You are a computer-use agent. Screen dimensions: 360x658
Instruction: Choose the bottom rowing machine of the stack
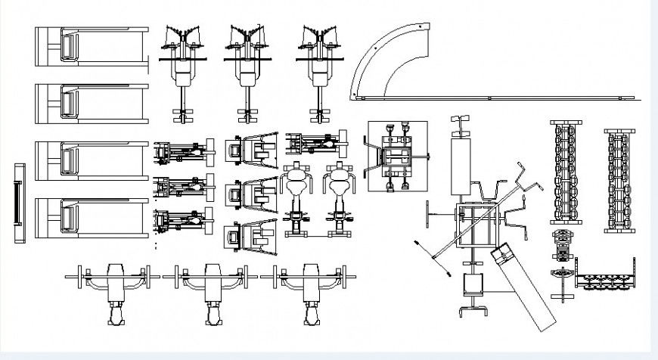[182, 220]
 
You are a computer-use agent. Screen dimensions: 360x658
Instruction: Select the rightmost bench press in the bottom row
[310, 291]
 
